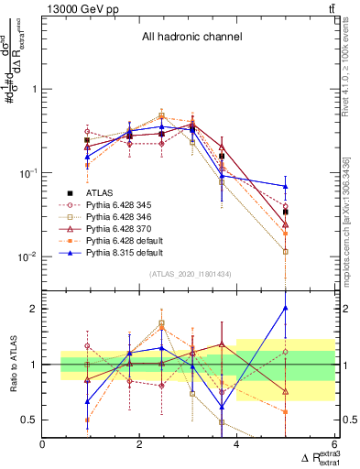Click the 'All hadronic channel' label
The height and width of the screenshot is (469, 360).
tap(191, 38)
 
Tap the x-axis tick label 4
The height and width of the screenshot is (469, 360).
tap(236, 445)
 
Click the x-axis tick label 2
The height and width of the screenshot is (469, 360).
tap(139, 445)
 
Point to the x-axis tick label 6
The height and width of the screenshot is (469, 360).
tap(333, 445)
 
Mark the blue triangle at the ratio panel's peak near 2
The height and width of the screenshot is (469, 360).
tap(286, 308)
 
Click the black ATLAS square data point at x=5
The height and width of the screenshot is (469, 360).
tap(286, 212)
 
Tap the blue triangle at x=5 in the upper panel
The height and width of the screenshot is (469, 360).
tap(286, 186)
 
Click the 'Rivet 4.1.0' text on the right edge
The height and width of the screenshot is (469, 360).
tap(350, 73)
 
